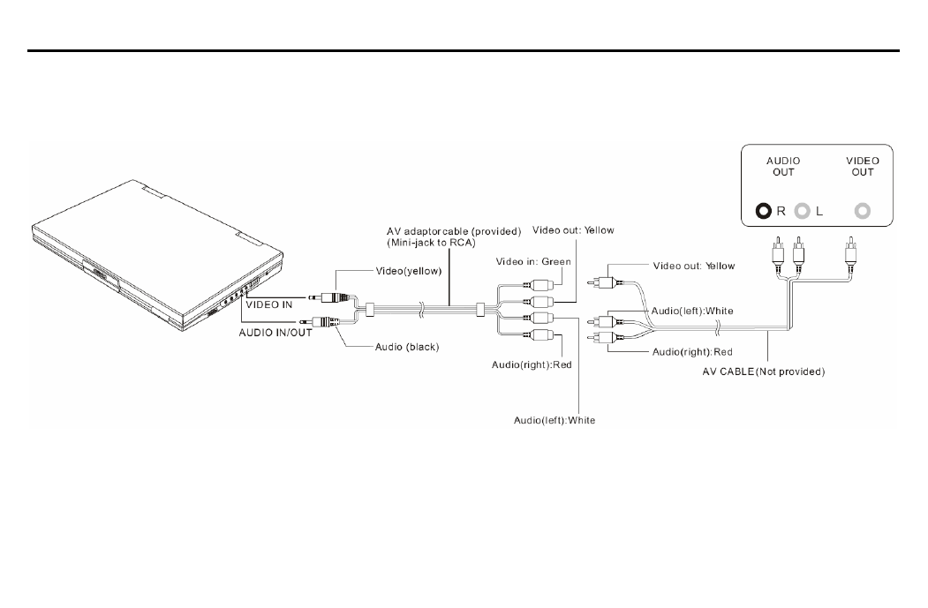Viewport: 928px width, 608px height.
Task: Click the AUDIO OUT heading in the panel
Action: coord(782,166)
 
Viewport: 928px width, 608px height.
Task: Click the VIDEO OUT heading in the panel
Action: coord(863,166)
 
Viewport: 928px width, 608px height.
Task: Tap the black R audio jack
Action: coord(764,211)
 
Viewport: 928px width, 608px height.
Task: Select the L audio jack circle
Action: coord(802,211)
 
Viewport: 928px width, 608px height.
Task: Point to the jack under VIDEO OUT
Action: coord(863,211)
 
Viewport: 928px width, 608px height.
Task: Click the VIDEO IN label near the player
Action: coord(269,304)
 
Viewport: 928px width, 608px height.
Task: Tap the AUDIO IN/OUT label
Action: coord(275,333)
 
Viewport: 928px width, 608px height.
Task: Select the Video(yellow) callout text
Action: coord(409,271)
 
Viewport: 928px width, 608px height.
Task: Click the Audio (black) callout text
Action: coord(407,347)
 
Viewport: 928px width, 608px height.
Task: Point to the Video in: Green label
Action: coord(533,261)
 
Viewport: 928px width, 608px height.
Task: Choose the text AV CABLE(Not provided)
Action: coord(764,372)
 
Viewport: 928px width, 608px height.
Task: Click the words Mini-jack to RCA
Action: coord(432,243)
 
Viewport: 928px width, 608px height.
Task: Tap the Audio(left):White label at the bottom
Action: coord(555,420)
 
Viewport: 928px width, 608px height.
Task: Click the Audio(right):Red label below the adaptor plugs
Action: coord(532,364)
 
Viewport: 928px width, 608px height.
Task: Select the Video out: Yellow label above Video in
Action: coord(573,230)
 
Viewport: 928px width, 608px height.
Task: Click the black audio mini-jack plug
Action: coord(322,322)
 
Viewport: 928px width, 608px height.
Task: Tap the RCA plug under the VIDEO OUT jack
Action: coord(850,251)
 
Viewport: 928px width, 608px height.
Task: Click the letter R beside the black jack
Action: coord(781,211)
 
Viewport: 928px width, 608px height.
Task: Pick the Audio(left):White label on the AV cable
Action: coord(692,311)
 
